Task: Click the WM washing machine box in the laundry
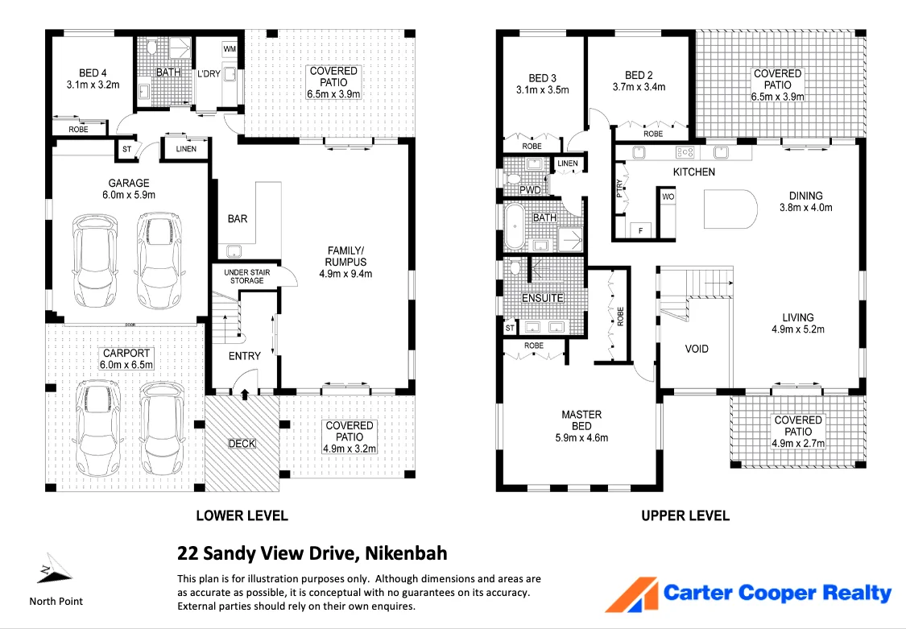[x=229, y=50]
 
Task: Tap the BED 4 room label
[x=93, y=70]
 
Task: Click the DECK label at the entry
[x=242, y=443]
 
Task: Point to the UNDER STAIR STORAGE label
[x=246, y=276]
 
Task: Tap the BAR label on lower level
[x=238, y=218]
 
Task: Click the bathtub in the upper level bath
[x=514, y=228]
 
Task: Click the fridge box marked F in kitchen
[x=641, y=229]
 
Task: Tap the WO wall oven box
[x=668, y=197]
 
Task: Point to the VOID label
[x=697, y=349]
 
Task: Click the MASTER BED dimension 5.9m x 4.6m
[x=581, y=437]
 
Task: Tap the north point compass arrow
[x=53, y=569]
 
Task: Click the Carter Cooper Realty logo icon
[x=631, y=594]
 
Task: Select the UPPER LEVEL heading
[x=685, y=515]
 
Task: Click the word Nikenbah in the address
[x=406, y=553]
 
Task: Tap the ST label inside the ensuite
[x=510, y=328]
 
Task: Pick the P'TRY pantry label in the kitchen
[x=619, y=188]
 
